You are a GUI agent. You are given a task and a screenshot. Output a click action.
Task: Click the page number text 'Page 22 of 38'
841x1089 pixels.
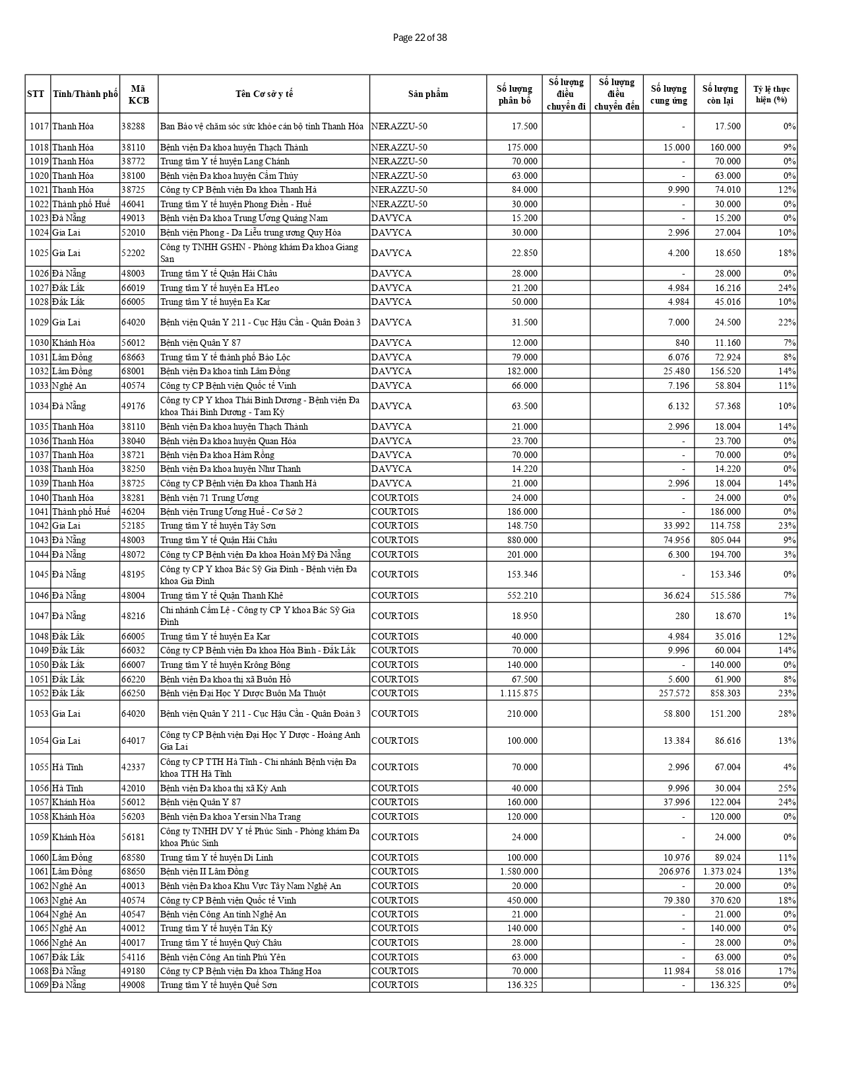420,38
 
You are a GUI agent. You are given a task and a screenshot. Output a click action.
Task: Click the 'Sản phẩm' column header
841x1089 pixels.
427,94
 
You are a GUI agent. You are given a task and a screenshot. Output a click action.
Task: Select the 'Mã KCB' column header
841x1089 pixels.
139,94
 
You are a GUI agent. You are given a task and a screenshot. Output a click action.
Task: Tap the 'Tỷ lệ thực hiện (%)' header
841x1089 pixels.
771,94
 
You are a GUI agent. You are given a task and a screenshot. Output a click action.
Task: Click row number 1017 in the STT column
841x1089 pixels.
39,126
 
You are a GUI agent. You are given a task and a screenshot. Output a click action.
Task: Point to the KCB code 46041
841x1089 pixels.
133,204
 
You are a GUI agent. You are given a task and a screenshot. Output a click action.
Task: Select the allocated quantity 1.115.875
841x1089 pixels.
518,693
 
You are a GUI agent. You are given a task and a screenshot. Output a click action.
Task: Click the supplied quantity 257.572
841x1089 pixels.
674,693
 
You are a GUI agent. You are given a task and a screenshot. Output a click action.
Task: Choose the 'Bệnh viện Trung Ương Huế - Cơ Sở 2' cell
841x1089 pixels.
232,511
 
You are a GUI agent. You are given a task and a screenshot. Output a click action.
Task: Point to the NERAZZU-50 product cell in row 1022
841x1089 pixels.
399,204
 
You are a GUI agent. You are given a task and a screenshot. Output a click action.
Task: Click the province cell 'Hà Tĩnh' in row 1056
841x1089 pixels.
67,788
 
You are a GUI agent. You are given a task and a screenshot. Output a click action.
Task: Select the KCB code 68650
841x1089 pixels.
133,871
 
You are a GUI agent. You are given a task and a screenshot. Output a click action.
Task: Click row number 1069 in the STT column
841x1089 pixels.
39,985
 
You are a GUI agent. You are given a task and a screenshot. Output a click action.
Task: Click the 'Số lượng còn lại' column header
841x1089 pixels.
720,94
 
